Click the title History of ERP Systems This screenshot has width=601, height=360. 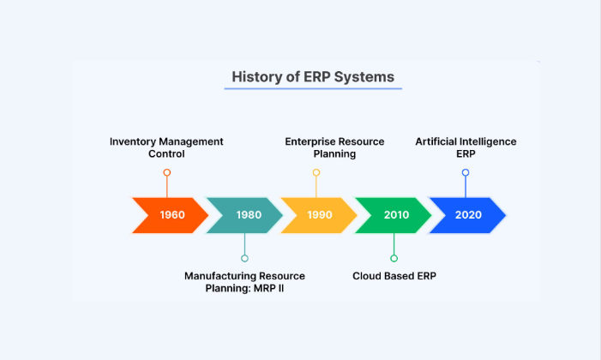(313, 76)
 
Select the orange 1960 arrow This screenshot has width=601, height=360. (171, 215)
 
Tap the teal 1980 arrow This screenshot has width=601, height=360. (246, 215)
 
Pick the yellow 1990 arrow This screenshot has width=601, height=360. (319, 215)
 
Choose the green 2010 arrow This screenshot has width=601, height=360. (394, 215)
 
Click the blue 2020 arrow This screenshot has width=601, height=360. (467, 215)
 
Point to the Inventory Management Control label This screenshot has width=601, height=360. (166, 147)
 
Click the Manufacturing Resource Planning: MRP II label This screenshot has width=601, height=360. (244, 282)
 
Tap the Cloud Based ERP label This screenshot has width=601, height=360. (394, 276)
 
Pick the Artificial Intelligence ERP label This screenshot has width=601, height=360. (466, 147)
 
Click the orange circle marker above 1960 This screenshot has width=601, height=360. (166, 172)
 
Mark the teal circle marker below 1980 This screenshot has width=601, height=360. (244, 258)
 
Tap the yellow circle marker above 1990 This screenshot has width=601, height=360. (316, 172)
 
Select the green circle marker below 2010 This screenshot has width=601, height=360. (394, 258)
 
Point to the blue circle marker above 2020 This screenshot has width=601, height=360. (466, 172)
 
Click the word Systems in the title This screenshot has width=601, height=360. (364, 76)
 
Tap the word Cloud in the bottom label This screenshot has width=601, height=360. (368, 276)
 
